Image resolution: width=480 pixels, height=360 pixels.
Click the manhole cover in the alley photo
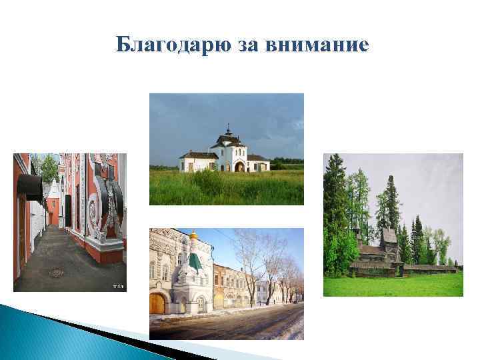click(57, 272)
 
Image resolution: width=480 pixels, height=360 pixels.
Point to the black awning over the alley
click(29, 186)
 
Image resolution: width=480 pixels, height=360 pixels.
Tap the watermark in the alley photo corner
click(118, 286)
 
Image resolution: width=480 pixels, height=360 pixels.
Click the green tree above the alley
click(48, 167)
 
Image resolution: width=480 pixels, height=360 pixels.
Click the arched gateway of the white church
click(239, 166)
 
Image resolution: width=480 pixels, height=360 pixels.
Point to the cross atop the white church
click(227, 127)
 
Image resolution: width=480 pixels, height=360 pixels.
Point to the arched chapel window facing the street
click(200, 303)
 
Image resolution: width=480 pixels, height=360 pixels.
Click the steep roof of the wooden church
click(387, 235)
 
